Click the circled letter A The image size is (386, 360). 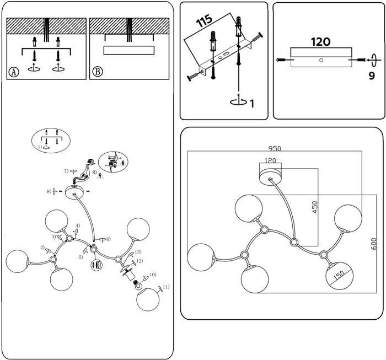(14, 72)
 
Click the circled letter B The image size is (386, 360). (97, 72)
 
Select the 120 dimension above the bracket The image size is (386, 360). (320, 41)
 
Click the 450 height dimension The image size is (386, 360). (315, 207)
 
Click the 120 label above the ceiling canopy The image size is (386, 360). (270, 160)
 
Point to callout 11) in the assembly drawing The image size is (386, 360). (165, 287)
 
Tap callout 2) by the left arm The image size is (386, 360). (42, 248)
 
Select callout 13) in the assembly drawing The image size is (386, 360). (138, 252)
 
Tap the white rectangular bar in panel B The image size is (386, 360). (128, 50)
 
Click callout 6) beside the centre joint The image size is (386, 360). (108, 239)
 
